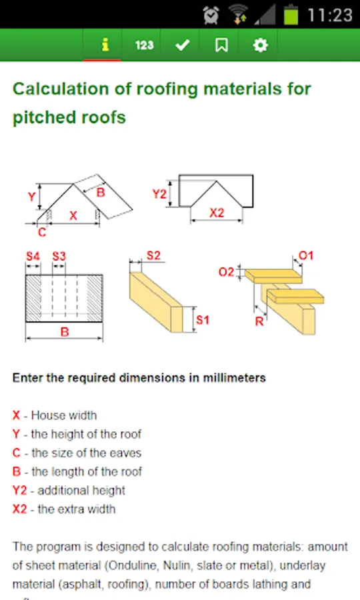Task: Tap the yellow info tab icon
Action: (105, 45)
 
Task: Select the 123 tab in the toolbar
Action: (144, 45)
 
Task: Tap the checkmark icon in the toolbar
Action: (183, 45)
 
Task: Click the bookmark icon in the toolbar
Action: (221, 45)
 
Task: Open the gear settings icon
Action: (261, 45)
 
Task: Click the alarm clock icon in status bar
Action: (211, 15)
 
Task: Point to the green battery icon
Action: (291, 15)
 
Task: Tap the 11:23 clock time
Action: (330, 15)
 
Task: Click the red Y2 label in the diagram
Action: (159, 193)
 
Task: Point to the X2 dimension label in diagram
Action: (217, 213)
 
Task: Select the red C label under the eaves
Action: (42, 232)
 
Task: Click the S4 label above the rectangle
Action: (33, 256)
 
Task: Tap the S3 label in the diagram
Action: (59, 256)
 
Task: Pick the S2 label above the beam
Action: (153, 255)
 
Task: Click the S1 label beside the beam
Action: (203, 319)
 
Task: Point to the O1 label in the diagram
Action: (306, 255)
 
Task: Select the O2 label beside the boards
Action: (226, 272)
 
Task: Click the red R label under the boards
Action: (259, 321)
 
